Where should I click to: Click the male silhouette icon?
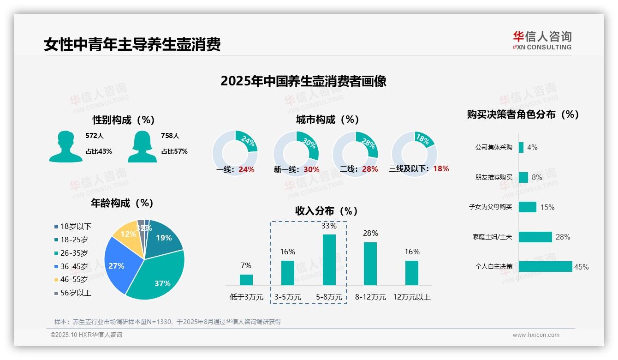[x=65, y=146]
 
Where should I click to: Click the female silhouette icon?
[x=142, y=146]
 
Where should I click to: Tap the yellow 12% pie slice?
[x=126, y=235]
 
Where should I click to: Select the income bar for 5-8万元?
[x=329, y=260]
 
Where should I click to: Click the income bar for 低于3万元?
[x=246, y=280]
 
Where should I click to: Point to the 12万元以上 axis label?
[x=411, y=297]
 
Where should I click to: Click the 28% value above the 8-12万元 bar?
[x=370, y=234]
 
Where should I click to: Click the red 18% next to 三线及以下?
[x=441, y=168]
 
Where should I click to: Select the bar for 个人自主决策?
[x=545, y=267]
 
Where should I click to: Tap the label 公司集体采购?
[x=493, y=148]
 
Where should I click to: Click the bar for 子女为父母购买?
[x=527, y=207]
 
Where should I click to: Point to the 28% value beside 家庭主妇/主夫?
[x=563, y=237]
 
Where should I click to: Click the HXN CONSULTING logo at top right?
[x=542, y=41]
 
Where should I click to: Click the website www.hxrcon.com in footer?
[x=535, y=335]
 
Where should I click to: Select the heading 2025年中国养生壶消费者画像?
[x=303, y=81]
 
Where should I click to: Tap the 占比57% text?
[x=174, y=151]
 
